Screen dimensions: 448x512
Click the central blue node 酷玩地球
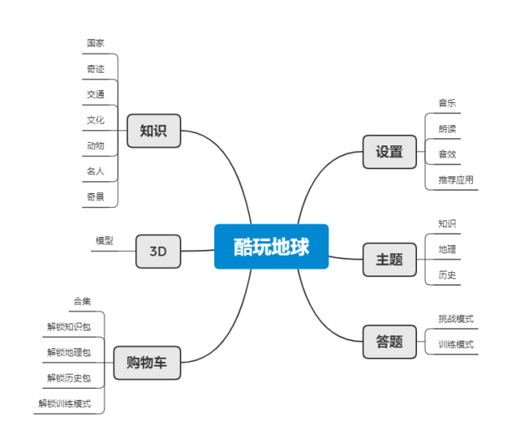(271, 247)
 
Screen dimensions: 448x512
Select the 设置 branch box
(389, 152)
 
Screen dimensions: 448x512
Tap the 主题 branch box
(389, 260)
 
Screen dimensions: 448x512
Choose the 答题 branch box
(389, 342)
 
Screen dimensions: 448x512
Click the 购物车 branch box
(146, 363)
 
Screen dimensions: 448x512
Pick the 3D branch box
(157, 251)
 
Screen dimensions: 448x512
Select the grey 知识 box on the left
(153, 131)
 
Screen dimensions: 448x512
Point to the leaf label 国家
(96, 43)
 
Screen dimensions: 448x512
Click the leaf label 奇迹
(96, 69)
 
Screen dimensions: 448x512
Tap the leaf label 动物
(96, 145)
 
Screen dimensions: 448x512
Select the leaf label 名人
(96, 171)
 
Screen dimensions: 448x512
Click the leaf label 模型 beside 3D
(105, 240)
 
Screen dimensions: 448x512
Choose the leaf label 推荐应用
(455, 180)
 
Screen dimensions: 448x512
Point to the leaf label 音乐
(447, 103)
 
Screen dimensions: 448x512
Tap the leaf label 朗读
(447, 129)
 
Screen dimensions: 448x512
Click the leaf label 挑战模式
(455, 319)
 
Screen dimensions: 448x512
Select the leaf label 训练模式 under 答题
(455, 344)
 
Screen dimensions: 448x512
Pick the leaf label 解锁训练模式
(65, 403)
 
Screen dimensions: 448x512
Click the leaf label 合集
(82, 302)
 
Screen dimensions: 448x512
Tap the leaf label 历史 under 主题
(447, 275)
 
